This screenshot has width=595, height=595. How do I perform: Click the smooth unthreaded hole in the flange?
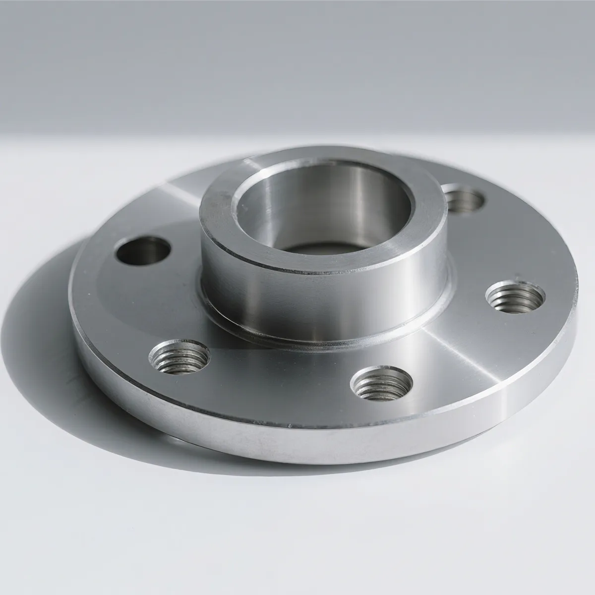pos(143,250)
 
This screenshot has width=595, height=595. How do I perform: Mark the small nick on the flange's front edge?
pos(291,425)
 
